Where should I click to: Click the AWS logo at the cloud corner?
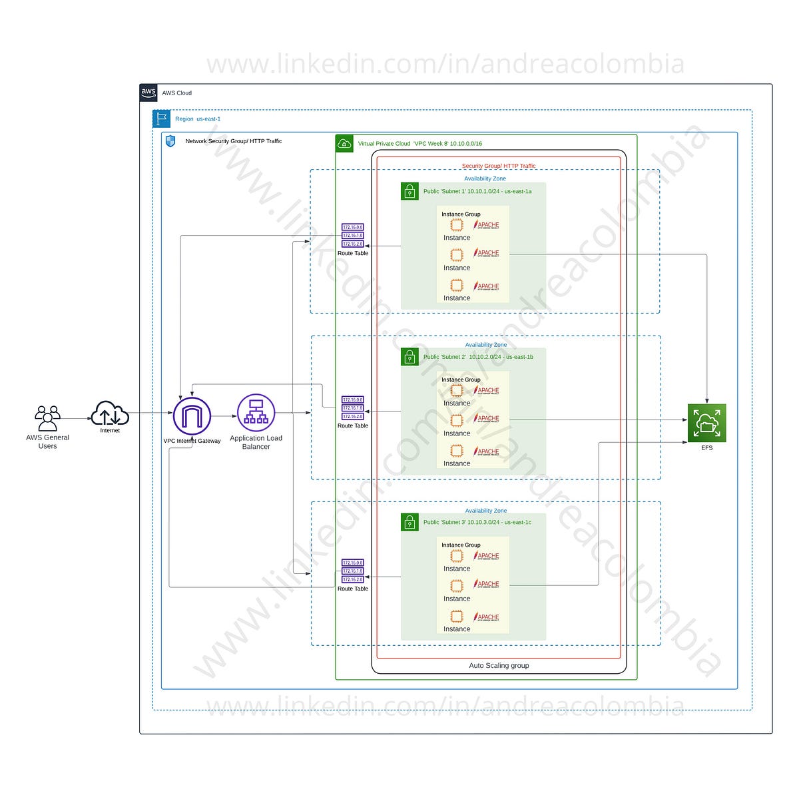click(x=148, y=93)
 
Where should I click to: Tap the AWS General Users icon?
click(x=47, y=418)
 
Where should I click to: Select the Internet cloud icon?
click(x=110, y=413)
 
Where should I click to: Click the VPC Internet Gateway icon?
click(x=192, y=415)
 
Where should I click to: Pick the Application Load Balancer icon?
click(x=256, y=413)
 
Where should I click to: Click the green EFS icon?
click(x=706, y=423)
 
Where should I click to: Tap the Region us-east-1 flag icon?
click(x=161, y=119)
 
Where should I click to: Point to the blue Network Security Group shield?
click(x=170, y=141)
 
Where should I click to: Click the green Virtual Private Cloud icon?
click(x=344, y=143)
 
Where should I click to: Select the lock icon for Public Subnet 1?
click(x=409, y=191)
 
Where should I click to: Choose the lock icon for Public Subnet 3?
click(x=409, y=522)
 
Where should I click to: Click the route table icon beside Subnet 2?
click(x=352, y=407)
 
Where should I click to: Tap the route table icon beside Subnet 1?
click(x=352, y=235)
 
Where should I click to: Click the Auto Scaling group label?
click(x=499, y=665)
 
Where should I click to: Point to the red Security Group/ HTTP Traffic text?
click(x=499, y=166)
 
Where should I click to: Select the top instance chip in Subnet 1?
click(x=457, y=225)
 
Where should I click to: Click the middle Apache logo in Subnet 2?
click(x=487, y=419)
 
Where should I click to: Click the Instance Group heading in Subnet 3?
click(x=461, y=545)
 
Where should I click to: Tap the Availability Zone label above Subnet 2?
click(x=485, y=344)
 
